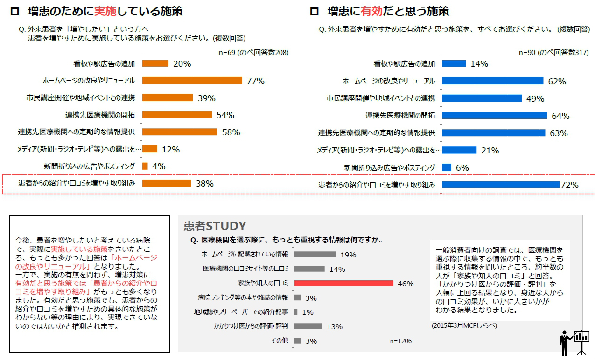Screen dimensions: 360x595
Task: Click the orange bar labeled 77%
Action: click(192, 81)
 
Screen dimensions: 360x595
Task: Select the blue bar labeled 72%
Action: click(500, 185)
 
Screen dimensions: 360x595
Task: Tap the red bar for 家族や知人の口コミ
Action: click(344, 283)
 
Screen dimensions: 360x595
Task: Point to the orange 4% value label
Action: click(159, 166)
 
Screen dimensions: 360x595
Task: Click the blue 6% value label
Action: click(462, 167)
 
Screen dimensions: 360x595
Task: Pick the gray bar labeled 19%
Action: click(315, 255)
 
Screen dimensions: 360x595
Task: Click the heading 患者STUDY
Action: click(215, 227)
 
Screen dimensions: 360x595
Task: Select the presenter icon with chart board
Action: click(574, 342)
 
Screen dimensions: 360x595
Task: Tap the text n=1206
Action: click(400, 341)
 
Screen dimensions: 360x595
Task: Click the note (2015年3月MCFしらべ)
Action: click(464, 325)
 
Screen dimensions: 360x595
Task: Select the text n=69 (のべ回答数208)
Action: click(254, 53)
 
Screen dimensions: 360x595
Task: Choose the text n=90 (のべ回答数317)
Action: click(554, 53)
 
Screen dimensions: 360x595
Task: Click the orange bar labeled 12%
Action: click(149, 149)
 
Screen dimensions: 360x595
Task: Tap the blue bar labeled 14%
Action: click(454, 63)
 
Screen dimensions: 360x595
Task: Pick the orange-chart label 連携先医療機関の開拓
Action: click(100, 115)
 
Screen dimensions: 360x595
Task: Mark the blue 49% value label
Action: click(535, 98)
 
